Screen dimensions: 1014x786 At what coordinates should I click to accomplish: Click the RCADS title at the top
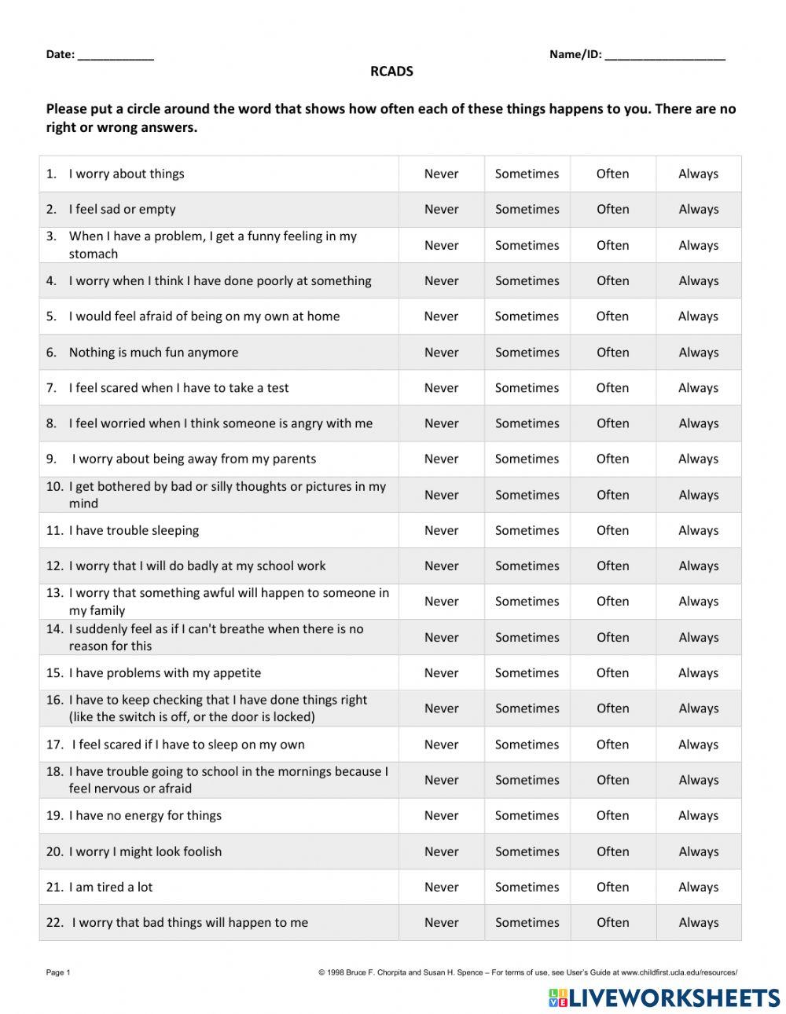click(x=391, y=71)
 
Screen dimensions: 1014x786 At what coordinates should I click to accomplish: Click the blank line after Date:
click(x=116, y=56)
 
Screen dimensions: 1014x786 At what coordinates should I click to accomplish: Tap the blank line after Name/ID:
click(x=665, y=56)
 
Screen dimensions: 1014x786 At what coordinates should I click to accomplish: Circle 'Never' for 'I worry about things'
click(x=441, y=174)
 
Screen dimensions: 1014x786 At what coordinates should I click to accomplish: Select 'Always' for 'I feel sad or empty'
click(x=698, y=210)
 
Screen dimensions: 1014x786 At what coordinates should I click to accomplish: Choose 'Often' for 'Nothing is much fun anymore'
click(x=612, y=353)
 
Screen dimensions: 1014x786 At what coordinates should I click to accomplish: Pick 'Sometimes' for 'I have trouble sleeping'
click(x=527, y=530)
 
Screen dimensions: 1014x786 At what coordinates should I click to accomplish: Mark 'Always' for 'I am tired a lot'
click(x=698, y=887)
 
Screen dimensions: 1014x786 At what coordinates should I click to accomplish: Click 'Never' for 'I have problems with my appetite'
click(x=441, y=673)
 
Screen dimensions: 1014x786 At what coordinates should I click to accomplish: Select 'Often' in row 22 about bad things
click(x=612, y=923)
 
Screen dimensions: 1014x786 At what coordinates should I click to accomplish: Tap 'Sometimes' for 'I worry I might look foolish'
click(x=527, y=851)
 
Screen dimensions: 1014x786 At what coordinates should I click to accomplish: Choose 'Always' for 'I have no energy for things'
click(x=698, y=815)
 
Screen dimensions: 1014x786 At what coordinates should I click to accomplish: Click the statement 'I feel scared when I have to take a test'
click(x=178, y=388)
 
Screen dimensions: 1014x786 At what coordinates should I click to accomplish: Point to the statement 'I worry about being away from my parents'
click(x=193, y=459)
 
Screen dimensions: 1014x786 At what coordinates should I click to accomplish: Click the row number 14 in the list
click(x=53, y=629)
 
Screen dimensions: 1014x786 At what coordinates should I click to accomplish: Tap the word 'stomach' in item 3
click(x=93, y=254)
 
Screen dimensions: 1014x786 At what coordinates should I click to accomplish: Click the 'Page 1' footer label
click(x=58, y=972)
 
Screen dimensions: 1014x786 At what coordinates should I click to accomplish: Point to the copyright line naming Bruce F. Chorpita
click(x=527, y=972)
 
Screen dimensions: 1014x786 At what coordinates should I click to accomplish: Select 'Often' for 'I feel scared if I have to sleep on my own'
click(x=612, y=745)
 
